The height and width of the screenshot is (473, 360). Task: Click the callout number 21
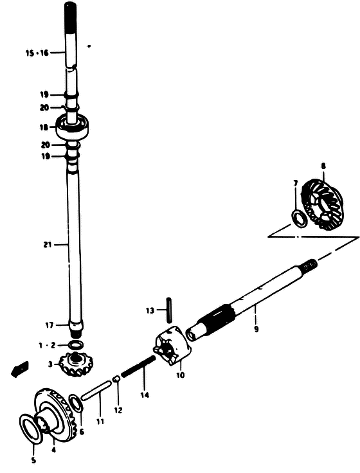pyautogui.click(x=48, y=245)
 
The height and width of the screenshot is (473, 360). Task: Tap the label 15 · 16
pyautogui.click(x=37, y=53)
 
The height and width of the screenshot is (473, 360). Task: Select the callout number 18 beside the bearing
pyautogui.click(x=44, y=127)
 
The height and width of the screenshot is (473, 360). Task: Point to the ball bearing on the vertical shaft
pyautogui.click(x=73, y=126)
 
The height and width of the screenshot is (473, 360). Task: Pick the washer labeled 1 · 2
pyautogui.click(x=76, y=344)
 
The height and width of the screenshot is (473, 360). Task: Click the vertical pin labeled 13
pyautogui.click(x=170, y=310)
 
